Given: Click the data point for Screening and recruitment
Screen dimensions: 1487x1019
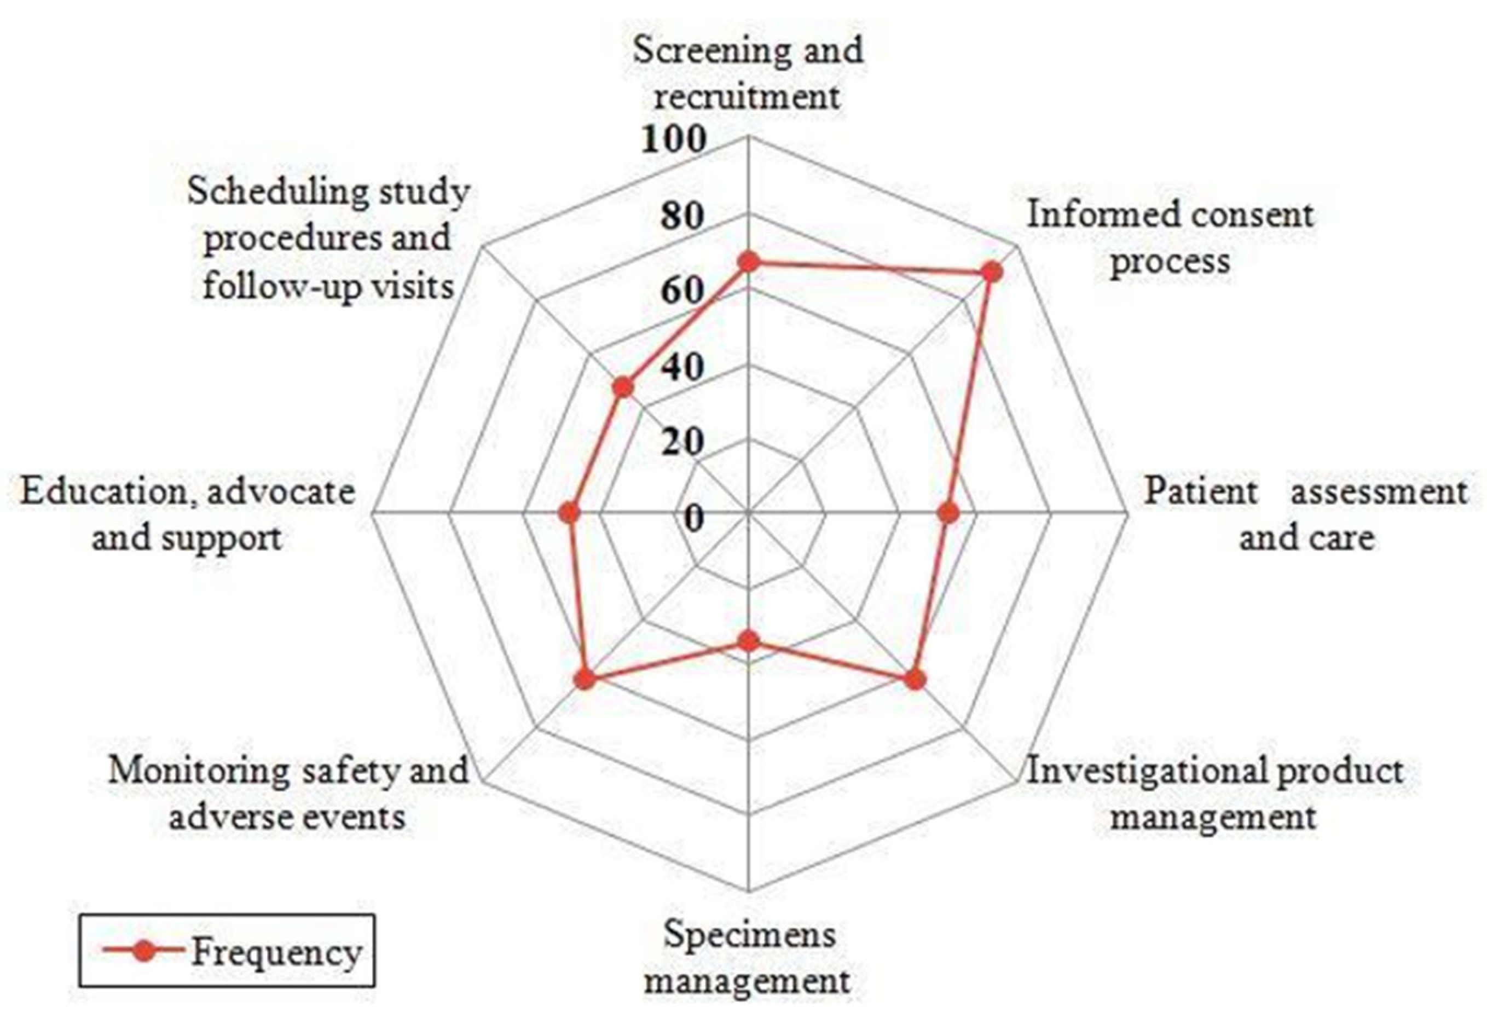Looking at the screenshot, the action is pyautogui.click(x=748, y=263).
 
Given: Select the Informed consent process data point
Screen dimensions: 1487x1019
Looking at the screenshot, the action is pyautogui.click(x=991, y=272).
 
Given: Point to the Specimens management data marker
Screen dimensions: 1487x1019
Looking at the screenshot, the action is pyautogui.click(x=748, y=641).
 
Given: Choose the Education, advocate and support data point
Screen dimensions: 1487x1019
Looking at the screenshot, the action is pyautogui.click(x=568, y=513).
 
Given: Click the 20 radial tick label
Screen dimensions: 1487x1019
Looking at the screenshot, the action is pyautogui.click(x=682, y=442).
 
